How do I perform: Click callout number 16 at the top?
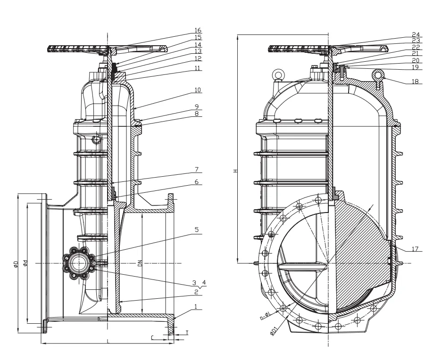198,29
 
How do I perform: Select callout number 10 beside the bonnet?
198,90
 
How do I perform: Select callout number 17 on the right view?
416,248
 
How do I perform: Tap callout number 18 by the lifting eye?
416,81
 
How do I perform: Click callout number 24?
416,34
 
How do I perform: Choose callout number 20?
416,61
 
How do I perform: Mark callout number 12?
198,58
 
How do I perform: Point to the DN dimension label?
140,264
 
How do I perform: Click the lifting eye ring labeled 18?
379,74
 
